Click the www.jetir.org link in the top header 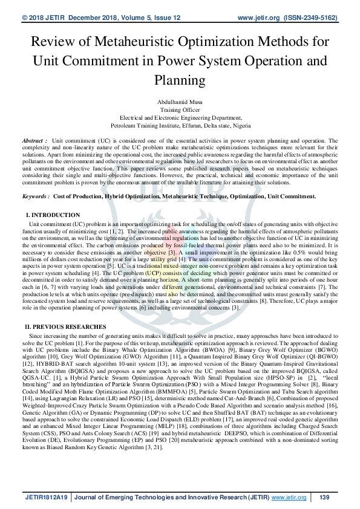point(257,19)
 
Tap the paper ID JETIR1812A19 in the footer point(46,498)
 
